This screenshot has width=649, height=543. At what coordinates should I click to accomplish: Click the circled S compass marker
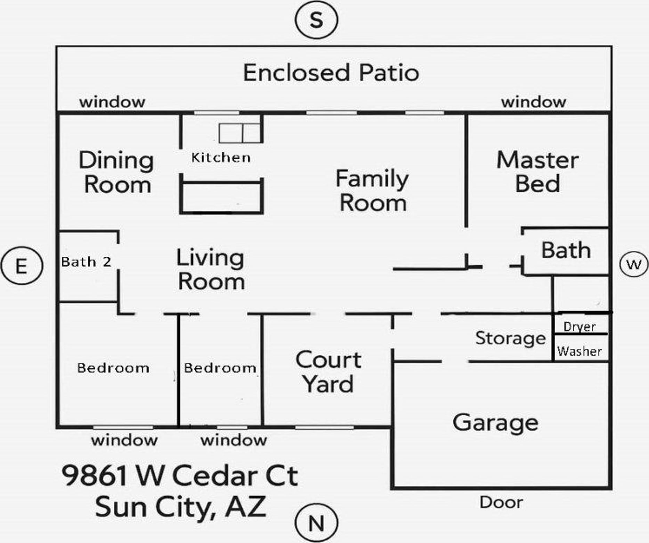click(x=316, y=20)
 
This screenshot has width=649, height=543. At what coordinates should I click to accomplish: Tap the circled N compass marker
click(x=316, y=523)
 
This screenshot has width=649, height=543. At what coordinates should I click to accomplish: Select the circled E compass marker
click(x=22, y=266)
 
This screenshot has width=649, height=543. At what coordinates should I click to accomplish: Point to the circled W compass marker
click(x=634, y=265)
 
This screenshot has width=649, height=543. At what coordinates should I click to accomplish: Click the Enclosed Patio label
click(x=331, y=73)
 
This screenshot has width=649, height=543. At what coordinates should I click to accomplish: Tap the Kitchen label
click(x=221, y=158)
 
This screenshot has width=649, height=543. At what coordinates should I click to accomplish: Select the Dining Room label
click(x=117, y=172)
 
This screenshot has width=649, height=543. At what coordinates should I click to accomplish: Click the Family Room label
click(x=372, y=190)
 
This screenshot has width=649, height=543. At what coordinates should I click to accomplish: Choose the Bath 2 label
click(x=86, y=262)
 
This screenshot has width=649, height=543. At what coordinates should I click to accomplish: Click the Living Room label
click(x=211, y=269)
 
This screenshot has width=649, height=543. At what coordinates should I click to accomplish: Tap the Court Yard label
click(x=328, y=372)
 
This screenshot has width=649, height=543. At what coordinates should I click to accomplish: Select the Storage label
click(x=510, y=338)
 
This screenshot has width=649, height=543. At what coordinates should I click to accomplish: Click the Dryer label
click(x=579, y=326)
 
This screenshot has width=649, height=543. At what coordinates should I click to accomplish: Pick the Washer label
click(x=579, y=351)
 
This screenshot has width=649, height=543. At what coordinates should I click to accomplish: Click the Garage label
click(x=495, y=423)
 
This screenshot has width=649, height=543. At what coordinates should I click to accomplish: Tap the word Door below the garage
click(x=501, y=502)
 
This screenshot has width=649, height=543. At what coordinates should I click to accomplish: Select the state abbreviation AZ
click(x=245, y=507)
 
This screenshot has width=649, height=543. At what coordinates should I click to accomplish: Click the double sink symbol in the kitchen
click(x=240, y=133)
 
